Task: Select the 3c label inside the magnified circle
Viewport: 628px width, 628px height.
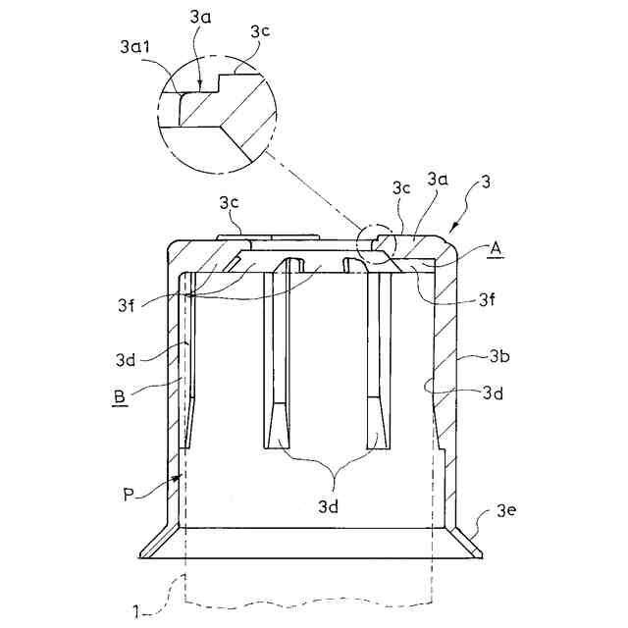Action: pyautogui.click(x=259, y=31)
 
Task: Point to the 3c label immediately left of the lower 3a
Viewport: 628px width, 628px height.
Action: pyautogui.click(x=400, y=186)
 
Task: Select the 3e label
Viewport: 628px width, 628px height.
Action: pyautogui.click(x=506, y=510)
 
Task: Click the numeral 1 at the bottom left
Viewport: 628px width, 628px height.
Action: pyautogui.click(x=136, y=612)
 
